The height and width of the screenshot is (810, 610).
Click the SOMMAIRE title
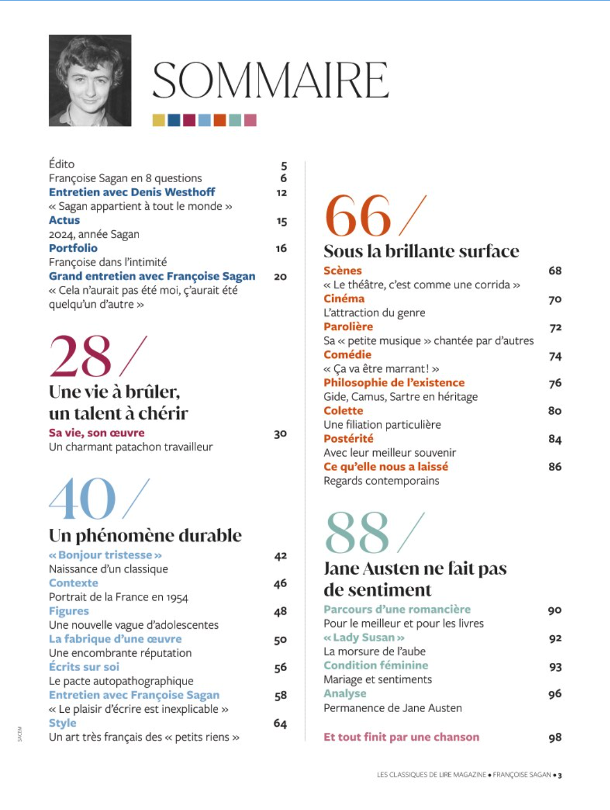(x=270, y=80)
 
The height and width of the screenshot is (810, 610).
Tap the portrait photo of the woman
(x=90, y=81)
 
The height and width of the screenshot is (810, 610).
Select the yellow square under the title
(x=158, y=119)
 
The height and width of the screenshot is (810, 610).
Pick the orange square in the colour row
(x=220, y=119)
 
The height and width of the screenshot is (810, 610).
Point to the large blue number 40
(x=82, y=499)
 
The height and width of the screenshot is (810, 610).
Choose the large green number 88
(x=357, y=533)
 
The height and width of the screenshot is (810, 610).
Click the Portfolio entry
(x=73, y=248)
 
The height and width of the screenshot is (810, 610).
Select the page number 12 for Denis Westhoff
(x=281, y=192)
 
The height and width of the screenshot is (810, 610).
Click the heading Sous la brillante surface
(x=421, y=251)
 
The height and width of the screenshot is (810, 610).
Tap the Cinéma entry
(x=344, y=298)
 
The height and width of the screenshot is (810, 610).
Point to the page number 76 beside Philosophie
(x=555, y=383)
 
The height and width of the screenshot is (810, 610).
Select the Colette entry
(x=343, y=410)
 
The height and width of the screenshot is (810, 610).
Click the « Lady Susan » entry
(x=364, y=638)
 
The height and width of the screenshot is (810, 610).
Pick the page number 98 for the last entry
(x=555, y=738)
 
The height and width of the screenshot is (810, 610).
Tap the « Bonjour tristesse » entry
(x=105, y=555)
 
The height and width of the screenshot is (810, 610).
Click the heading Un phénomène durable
(x=145, y=535)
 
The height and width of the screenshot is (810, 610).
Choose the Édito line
(x=62, y=164)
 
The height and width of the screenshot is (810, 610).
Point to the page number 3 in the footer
(x=560, y=775)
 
